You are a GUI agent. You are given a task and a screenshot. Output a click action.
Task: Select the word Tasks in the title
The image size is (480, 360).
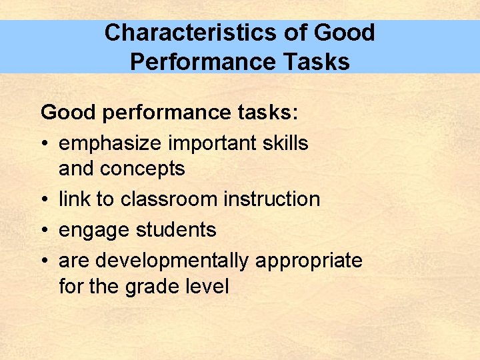coord(315,61)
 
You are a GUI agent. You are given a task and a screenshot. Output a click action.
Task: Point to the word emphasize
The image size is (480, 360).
coord(112,143)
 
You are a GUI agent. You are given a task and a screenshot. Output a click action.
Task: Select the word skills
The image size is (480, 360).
coord(285,143)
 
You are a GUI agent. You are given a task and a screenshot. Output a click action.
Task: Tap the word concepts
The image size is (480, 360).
coord(142,169)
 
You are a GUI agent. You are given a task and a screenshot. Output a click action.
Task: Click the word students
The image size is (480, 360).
coord(176,230)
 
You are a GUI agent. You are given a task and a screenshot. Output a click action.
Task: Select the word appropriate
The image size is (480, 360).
coord(309,261)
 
